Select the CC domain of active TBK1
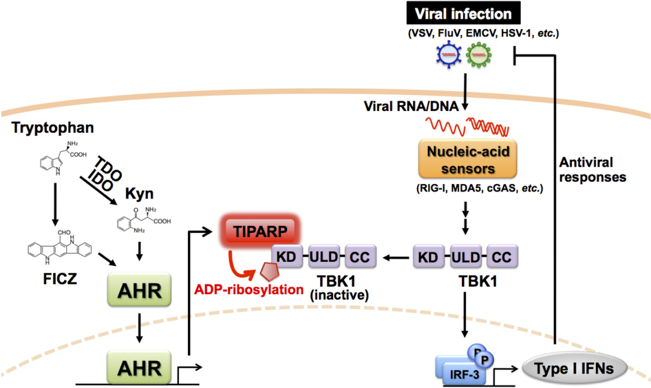point(502,258)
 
